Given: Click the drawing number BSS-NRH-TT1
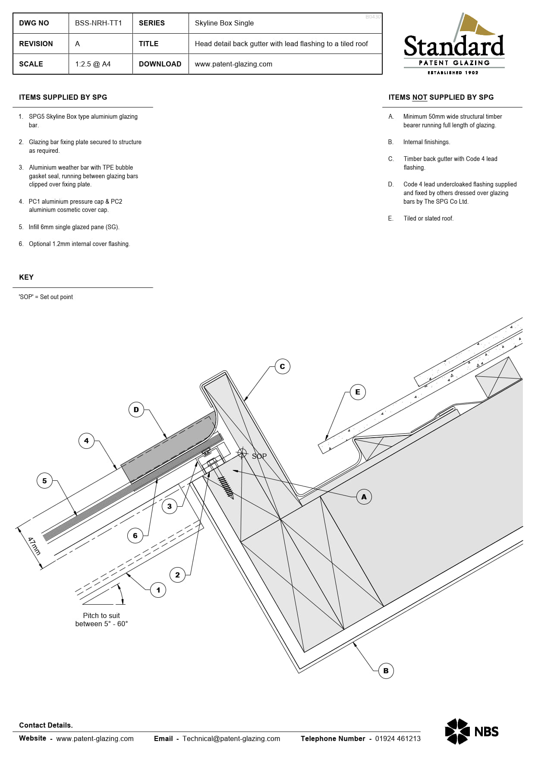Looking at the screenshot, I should pos(98,23).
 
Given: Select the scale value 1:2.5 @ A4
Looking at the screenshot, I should pos(93,64).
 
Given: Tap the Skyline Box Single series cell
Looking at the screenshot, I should pos(224,23).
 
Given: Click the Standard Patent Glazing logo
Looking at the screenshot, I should pos(454,45).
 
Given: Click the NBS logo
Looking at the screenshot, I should pos(472,732).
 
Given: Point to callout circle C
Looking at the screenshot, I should pos(282,366).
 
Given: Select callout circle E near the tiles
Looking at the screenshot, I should pos(358,392).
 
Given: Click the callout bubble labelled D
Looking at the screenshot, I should pos(136,410).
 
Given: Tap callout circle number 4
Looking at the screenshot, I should pos(86,441).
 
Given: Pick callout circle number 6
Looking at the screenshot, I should pos(135,536).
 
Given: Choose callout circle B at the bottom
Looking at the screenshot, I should pos(386,671).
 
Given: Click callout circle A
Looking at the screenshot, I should pos(364,497).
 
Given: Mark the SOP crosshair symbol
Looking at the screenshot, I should pos(242,453).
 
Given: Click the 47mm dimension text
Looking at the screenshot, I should pos(34,546).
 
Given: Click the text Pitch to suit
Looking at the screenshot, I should pos(101,615).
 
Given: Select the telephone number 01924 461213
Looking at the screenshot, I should pos(397,738).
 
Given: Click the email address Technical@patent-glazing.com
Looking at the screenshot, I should pos(231,738).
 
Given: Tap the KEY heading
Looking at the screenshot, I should pos(26,277).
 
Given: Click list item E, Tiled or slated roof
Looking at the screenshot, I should pos(428,218).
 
